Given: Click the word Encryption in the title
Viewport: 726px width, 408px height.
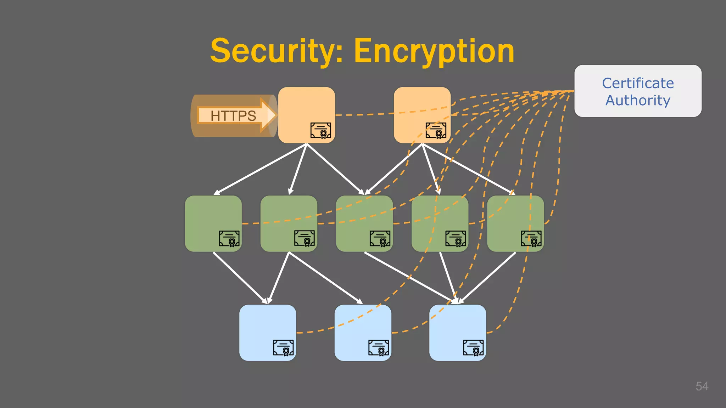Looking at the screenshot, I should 434,51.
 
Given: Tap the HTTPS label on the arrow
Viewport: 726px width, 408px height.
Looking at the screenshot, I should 233,116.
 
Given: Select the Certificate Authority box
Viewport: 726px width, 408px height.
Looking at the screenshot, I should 638,91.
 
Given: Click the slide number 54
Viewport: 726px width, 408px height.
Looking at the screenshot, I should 702,386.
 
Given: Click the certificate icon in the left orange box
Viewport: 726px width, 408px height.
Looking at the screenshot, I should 320,130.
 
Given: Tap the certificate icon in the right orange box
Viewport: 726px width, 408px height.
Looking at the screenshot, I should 436,130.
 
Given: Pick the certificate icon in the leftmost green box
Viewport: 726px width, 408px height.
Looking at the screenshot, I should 229,238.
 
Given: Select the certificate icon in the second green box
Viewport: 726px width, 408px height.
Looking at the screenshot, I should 304,238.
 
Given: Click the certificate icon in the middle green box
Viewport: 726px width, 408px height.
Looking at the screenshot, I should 380,238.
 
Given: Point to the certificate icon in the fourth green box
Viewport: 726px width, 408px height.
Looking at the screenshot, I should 456,238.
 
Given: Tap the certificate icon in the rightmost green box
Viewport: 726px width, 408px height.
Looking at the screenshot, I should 531,238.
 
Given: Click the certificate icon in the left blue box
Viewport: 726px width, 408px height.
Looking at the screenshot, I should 283,347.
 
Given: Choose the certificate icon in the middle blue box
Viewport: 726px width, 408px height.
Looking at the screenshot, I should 378,347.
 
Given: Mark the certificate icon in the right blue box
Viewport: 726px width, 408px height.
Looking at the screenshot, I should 473,347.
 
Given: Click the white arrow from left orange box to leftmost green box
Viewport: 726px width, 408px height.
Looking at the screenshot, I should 261,169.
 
